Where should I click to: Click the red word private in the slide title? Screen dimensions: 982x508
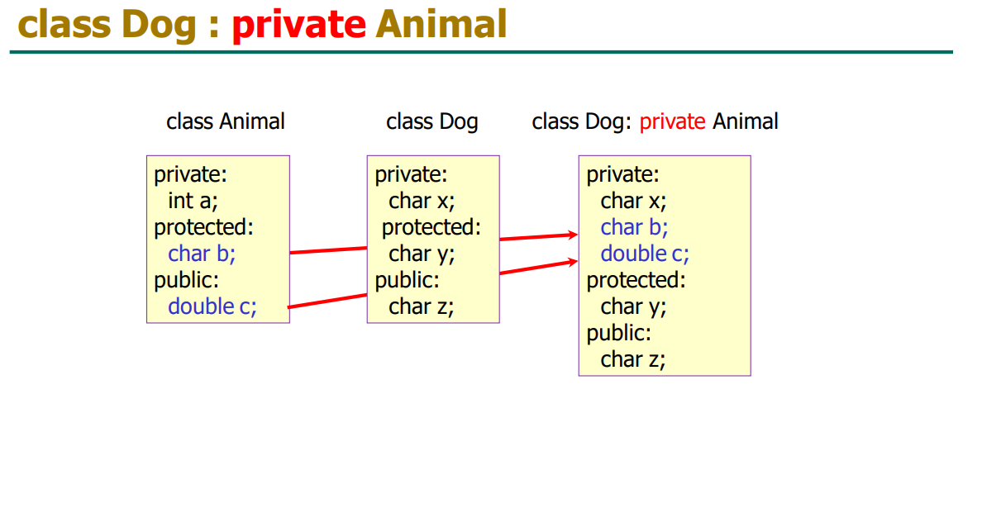[298, 25]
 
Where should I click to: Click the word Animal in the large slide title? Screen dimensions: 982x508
[441, 24]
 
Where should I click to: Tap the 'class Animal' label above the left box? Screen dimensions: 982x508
[226, 121]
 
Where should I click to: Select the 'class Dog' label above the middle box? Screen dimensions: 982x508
[432, 122]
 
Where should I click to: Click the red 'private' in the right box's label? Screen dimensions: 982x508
[672, 122]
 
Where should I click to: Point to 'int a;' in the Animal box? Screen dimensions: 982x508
[193, 201]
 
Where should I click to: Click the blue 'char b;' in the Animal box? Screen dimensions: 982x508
[202, 254]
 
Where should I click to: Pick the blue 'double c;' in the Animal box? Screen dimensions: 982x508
[212, 306]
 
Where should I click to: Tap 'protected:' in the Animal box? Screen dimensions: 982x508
[204, 228]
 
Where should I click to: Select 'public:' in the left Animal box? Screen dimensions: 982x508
[187, 280]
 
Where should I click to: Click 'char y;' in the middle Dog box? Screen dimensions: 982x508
[422, 254]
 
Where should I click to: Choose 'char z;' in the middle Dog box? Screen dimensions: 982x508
[422, 306]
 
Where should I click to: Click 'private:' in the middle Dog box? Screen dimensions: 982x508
[411, 175]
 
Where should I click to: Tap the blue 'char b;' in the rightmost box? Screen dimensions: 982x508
[635, 227]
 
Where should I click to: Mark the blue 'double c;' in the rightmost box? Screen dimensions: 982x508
[645, 254]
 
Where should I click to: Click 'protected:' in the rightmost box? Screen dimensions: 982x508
[636, 280]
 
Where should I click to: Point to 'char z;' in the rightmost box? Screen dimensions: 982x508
[633, 359]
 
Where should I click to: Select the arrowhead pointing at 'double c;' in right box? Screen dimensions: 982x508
[572, 262]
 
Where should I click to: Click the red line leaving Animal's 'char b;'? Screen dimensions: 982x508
[329, 250]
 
